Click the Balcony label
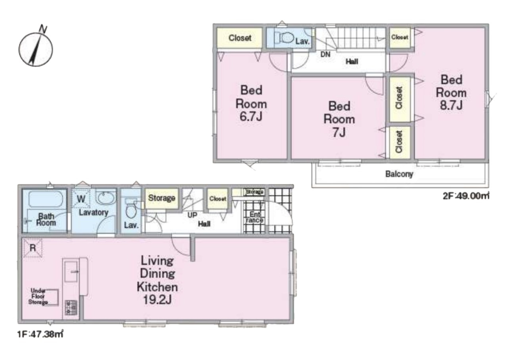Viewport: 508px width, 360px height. tap(399, 174)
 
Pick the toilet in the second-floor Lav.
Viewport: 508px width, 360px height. tap(284, 38)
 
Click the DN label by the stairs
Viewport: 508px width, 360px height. tap(325, 54)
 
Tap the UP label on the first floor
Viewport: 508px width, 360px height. tap(192, 215)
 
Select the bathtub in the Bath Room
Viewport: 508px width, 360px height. tap(45, 199)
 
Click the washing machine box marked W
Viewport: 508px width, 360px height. tap(81, 198)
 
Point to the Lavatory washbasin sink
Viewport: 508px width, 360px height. tap(106, 198)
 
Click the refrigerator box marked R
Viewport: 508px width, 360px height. tap(32, 248)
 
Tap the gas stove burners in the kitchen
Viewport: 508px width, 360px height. tap(71, 307)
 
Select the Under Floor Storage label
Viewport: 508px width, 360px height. tap(38, 296)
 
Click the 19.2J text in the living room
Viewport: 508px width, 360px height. tap(157, 300)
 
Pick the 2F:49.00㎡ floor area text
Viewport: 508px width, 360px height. tap(466, 196)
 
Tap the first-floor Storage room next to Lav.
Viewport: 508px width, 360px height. tap(161, 198)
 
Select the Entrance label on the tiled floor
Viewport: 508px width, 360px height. tap(254, 217)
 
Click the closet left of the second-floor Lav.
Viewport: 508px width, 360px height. tap(239, 38)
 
